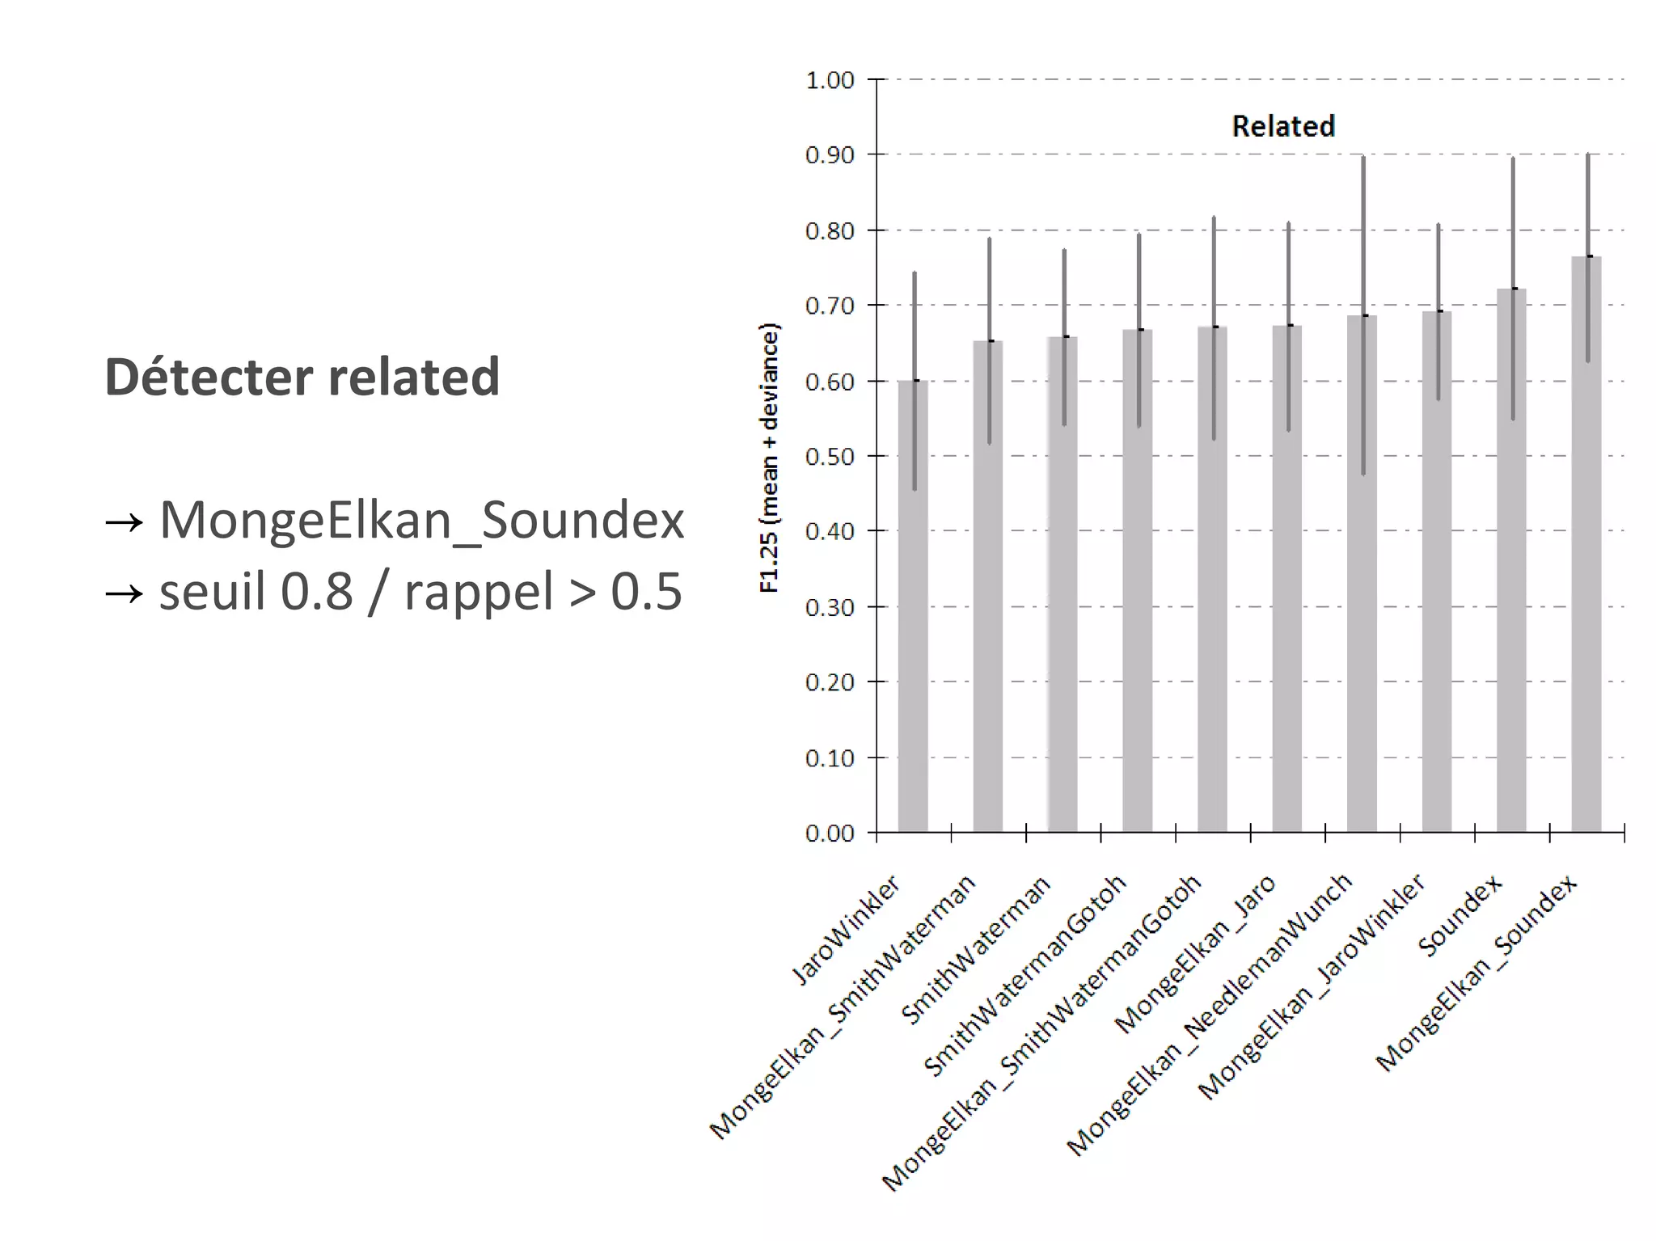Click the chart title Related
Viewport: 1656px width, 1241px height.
point(1282,126)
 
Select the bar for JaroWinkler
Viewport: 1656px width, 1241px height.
point(913,606)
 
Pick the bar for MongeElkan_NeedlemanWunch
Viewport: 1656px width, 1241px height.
point(1362,574)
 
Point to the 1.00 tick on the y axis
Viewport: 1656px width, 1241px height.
point(830,80)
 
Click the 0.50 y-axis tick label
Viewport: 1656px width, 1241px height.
point(830,457)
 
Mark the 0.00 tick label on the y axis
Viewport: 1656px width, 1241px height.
point(830,834)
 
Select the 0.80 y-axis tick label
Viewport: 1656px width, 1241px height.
point(830,231)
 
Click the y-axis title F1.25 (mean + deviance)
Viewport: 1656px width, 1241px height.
point(769,458)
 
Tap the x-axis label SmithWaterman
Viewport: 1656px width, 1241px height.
point(976,951)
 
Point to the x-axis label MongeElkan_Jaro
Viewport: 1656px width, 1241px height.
point(1195,955)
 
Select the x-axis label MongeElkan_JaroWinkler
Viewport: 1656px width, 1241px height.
point(1312,987)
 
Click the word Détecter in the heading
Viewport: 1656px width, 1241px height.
point(208,377)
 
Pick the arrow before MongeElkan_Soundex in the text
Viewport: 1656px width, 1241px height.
point(124,521)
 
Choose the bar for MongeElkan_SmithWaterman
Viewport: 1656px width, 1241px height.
point(987,586)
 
